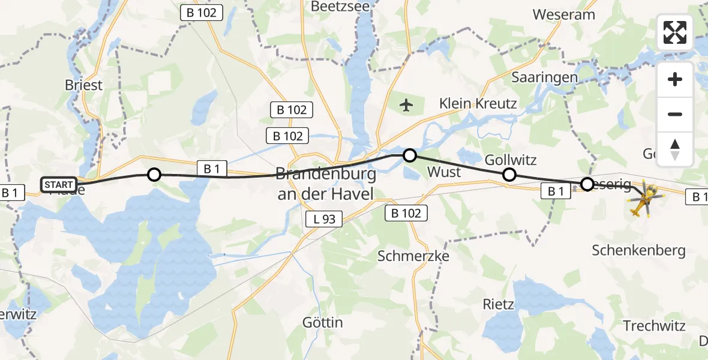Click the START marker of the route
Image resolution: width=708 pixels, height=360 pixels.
59,184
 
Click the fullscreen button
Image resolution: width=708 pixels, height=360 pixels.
675,33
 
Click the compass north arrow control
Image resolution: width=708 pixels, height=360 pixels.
675,149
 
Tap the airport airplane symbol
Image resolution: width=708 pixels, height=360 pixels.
407,106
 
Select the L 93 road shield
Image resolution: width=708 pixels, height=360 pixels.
324,220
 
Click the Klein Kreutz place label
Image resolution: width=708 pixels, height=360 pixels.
478,103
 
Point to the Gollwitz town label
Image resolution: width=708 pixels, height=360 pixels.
510,160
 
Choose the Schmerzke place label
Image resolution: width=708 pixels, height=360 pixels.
413,256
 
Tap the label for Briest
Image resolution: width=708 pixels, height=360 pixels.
84,85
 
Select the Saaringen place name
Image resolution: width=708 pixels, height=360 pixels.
545,77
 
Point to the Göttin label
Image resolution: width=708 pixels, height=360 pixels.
323,323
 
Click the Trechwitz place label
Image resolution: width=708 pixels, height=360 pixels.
654,326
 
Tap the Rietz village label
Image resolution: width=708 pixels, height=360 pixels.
499,304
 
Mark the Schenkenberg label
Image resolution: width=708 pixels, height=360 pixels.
638,251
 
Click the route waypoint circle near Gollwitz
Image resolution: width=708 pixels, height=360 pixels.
509,175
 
